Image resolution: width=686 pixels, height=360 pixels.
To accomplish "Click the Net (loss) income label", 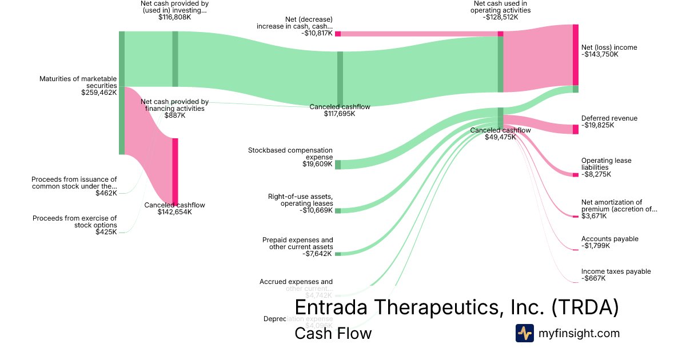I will pos(609,47).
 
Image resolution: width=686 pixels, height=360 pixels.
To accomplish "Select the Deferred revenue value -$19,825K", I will pos(597,125).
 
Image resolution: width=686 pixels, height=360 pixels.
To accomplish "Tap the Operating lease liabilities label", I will pos(606,164).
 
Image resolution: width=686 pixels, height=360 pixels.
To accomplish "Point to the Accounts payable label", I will pos(609,239).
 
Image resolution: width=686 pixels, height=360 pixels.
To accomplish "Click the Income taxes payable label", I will pos(616,271).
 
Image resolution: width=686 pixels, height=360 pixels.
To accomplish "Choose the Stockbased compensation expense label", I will pos(290,154).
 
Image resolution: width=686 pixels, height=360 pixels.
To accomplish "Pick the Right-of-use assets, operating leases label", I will pos(300,201).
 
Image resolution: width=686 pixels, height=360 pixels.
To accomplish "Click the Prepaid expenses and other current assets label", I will pos(297,243).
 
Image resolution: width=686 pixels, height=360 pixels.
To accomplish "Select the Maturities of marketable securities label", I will pos(78,82).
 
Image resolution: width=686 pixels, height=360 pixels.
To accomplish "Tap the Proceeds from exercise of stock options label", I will pos(74,221).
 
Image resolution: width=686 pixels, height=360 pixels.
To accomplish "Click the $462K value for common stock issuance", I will pos(106,193).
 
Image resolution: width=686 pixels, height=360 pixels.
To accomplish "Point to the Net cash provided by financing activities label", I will pos(174,105).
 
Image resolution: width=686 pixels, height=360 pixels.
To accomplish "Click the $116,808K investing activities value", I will pos(174,17).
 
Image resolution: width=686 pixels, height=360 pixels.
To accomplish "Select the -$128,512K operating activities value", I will pos(500,17).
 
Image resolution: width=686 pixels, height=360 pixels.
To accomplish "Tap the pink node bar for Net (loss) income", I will pos(576,55).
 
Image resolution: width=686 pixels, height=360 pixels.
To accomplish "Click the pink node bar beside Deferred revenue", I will pos(576,129).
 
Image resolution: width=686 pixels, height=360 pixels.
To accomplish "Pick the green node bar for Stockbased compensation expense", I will pos(338,165).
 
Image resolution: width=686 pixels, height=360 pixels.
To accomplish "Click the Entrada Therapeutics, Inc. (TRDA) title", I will pos(456,307).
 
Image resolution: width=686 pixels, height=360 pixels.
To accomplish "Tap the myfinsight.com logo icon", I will pos(524,333).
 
